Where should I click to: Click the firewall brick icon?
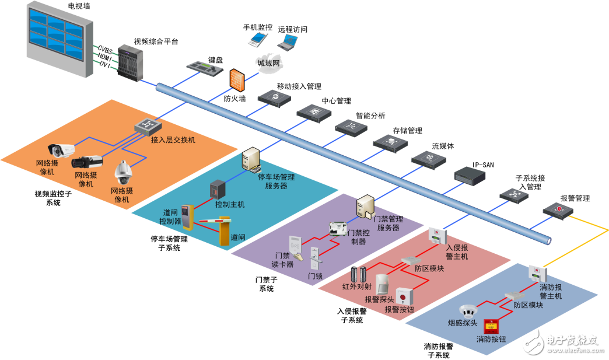point(236,81)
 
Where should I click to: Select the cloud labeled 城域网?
point(268,63)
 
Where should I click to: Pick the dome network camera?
point(124,171)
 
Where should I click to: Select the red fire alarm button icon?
point(492,325)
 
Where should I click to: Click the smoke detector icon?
point(468,309)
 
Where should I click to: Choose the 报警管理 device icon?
point(558,211)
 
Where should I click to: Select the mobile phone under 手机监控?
point(257,39)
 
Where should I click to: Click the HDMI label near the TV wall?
point(105,57)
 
